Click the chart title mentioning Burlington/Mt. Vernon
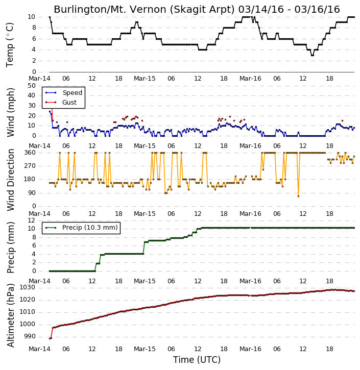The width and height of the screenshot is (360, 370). click(x=197, y=9)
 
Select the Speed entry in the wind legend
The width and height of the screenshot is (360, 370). click(x=72, y=92)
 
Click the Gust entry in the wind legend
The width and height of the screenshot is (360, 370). click(x=69, y=103)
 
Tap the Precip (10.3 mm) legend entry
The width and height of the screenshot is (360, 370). click(x=90, y=228)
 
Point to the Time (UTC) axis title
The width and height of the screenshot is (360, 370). click(x=197, y=360)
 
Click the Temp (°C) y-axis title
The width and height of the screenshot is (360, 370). click(x=10, y=45)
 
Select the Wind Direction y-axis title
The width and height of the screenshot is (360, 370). click(x=10, y=180)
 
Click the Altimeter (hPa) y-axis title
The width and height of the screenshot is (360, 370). click(x=10, y=315)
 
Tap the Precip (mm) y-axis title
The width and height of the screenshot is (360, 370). click(x=10, y=248)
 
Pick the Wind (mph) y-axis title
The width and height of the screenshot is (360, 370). click(x=10, y=112)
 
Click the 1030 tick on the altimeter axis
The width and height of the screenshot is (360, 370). click(x=27, y=287)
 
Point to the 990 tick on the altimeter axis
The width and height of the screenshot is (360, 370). click(x=30, y=336)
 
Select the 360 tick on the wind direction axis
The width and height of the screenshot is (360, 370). click(x=30, y=153)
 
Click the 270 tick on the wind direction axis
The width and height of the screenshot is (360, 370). click(x=30, y=166)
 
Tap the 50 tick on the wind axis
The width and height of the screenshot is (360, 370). click(x=32, y=86)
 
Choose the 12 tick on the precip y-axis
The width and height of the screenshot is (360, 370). click(x=32, y=220)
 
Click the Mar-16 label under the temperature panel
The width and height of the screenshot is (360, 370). click(x=250, y=79)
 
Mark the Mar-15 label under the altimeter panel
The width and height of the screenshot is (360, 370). click(x=145, y=349)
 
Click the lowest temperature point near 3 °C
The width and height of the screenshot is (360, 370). click(x=313, y=55)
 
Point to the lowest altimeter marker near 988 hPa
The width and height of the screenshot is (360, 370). click(x=50, y=339)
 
